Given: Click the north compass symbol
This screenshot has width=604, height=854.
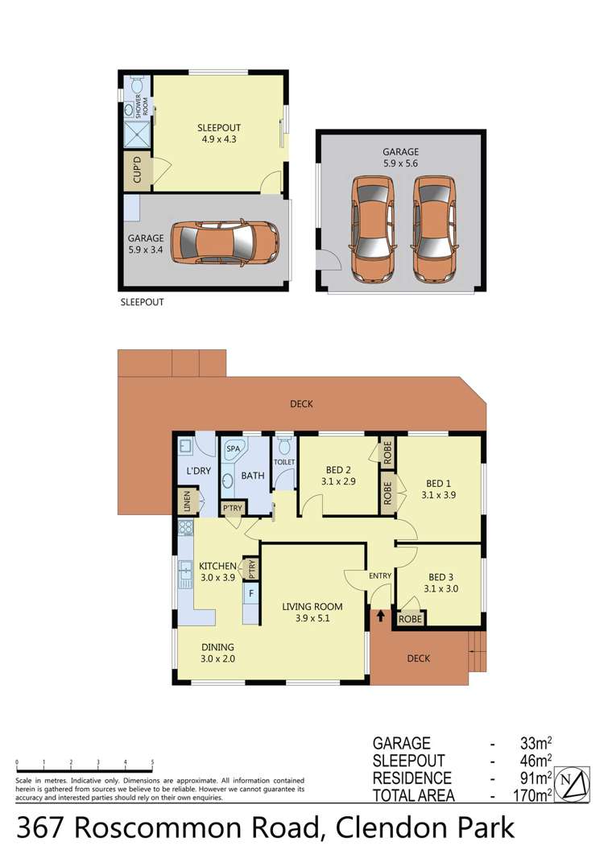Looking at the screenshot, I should pos(573,782).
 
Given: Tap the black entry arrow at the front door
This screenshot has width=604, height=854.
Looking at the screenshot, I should pos(380,617).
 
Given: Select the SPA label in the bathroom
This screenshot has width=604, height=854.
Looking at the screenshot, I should pos(234,448).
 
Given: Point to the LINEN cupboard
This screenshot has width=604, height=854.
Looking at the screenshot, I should pos(187,502).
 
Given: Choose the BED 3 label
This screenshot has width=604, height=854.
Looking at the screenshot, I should pos(439,577).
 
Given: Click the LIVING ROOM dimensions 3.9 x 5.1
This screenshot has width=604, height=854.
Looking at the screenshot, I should pos(312,619).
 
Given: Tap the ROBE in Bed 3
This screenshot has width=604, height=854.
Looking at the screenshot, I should pos(410,620).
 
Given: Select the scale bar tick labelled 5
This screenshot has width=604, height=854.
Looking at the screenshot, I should pos(152,762).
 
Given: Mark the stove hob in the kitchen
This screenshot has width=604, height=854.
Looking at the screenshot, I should pos(186,529).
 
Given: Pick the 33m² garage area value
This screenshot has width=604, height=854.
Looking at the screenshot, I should pos(536,743).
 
